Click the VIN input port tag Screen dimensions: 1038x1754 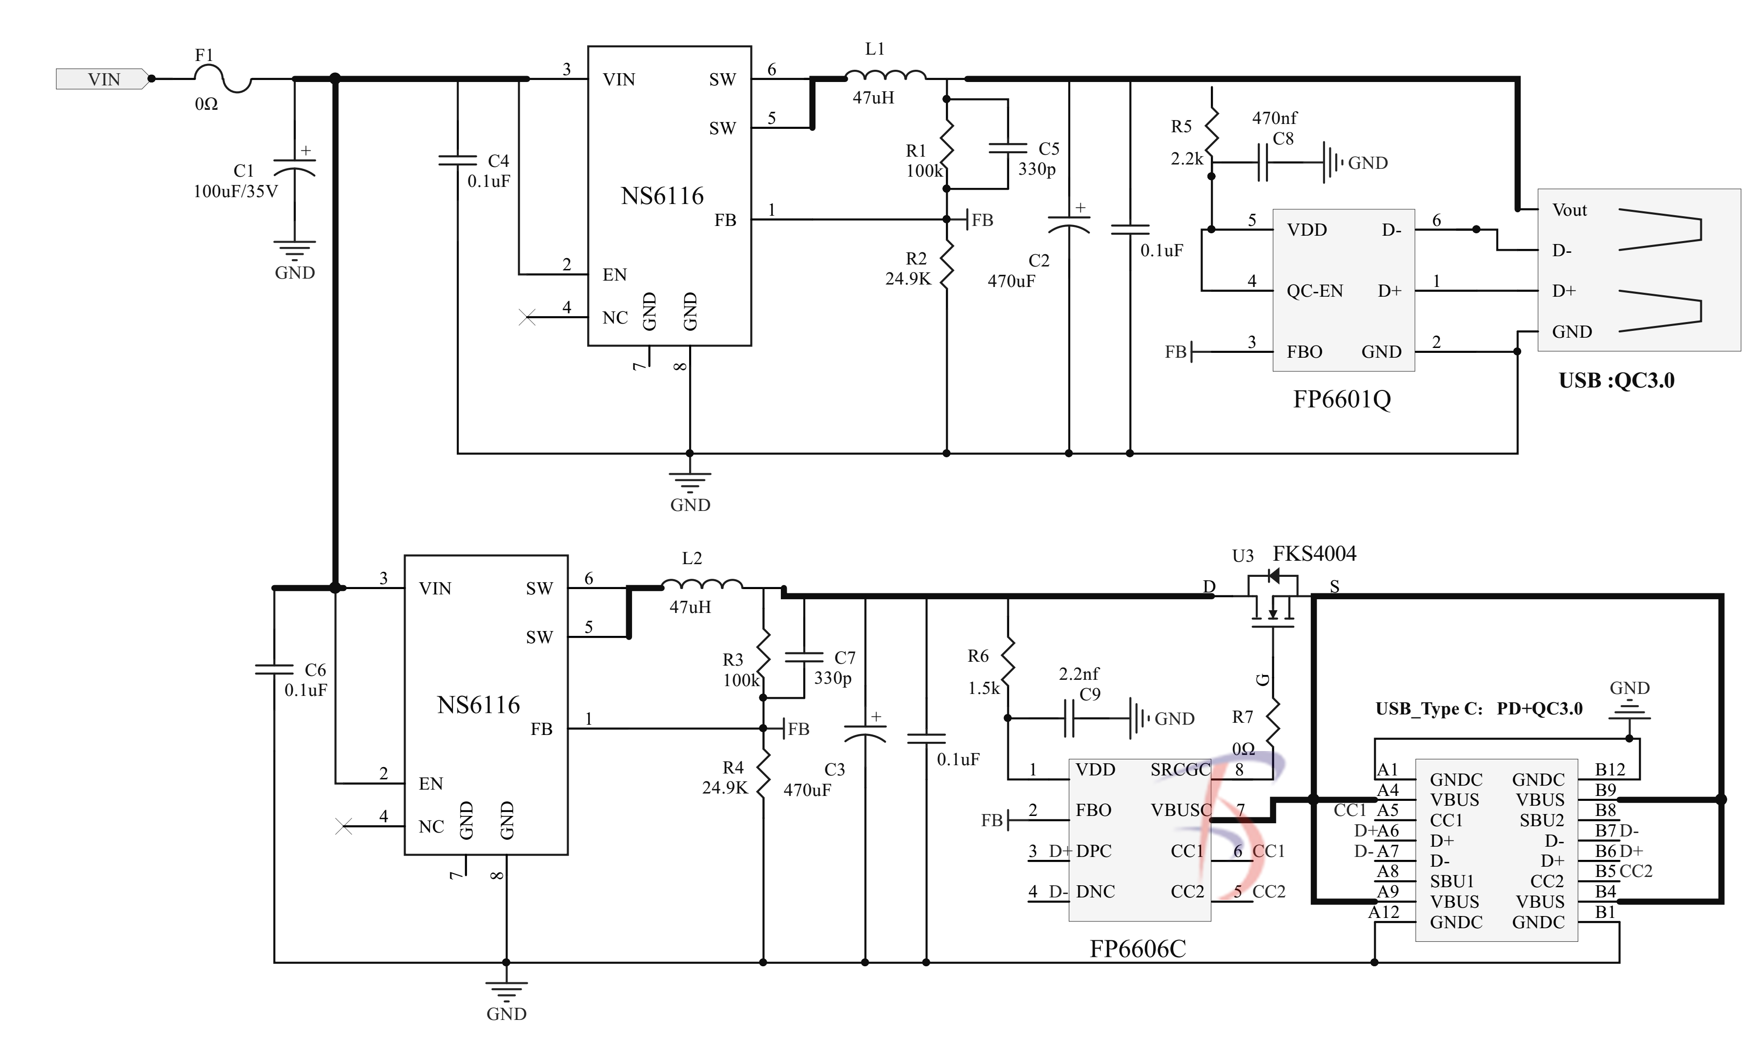click(x=103, y=79)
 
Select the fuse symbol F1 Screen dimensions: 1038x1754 click(x=223, y=79)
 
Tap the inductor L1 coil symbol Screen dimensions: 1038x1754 click(x=885, y=76)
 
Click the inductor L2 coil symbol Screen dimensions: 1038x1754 click(x=701, y=585)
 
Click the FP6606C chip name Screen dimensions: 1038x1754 click(x=1137, y=949)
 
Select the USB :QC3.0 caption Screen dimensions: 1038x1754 click(x=1616, y=381)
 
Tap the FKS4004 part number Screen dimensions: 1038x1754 click(x=1314, y=554)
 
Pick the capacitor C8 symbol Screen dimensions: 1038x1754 click(x=1263, y=163)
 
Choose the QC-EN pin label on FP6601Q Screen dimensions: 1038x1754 click(x=1314, y=291)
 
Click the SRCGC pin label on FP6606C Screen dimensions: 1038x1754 click(x=1180, y=770)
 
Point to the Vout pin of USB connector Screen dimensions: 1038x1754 click(x=1570, y=210)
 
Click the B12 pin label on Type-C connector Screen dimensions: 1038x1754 click(x=1609, y=770)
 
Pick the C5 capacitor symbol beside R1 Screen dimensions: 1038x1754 click(x=1008, y=148)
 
